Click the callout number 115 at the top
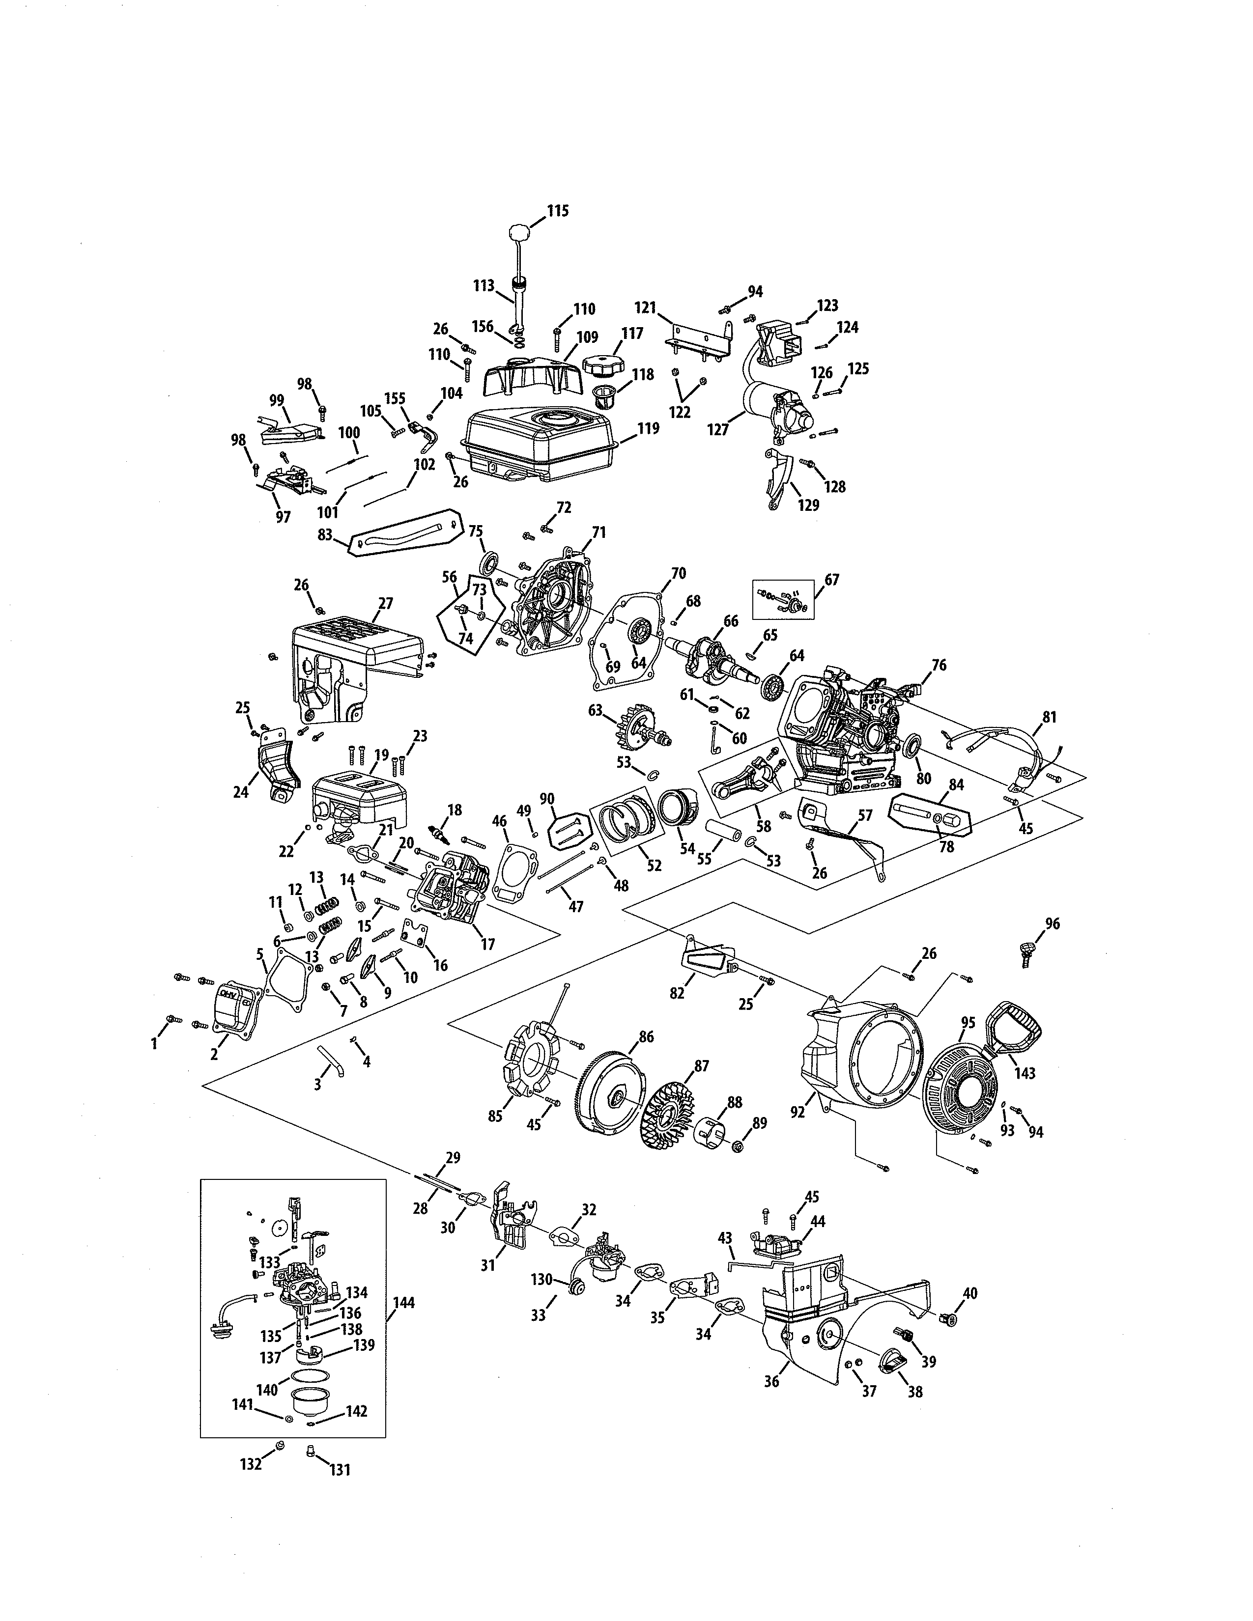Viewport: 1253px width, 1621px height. pos(558,211)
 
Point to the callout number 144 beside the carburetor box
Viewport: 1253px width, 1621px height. pos(404,1303)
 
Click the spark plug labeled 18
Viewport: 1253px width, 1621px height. pos(438,837)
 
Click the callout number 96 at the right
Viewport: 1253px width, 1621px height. pos(1052,923)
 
